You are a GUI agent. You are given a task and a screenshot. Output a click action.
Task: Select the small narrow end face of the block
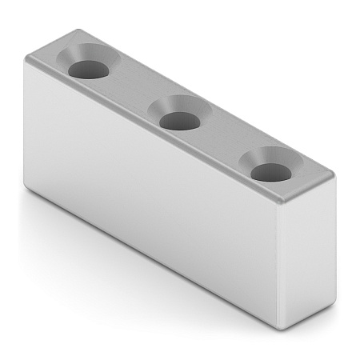306,256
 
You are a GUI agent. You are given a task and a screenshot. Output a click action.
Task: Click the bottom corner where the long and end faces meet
279,326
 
